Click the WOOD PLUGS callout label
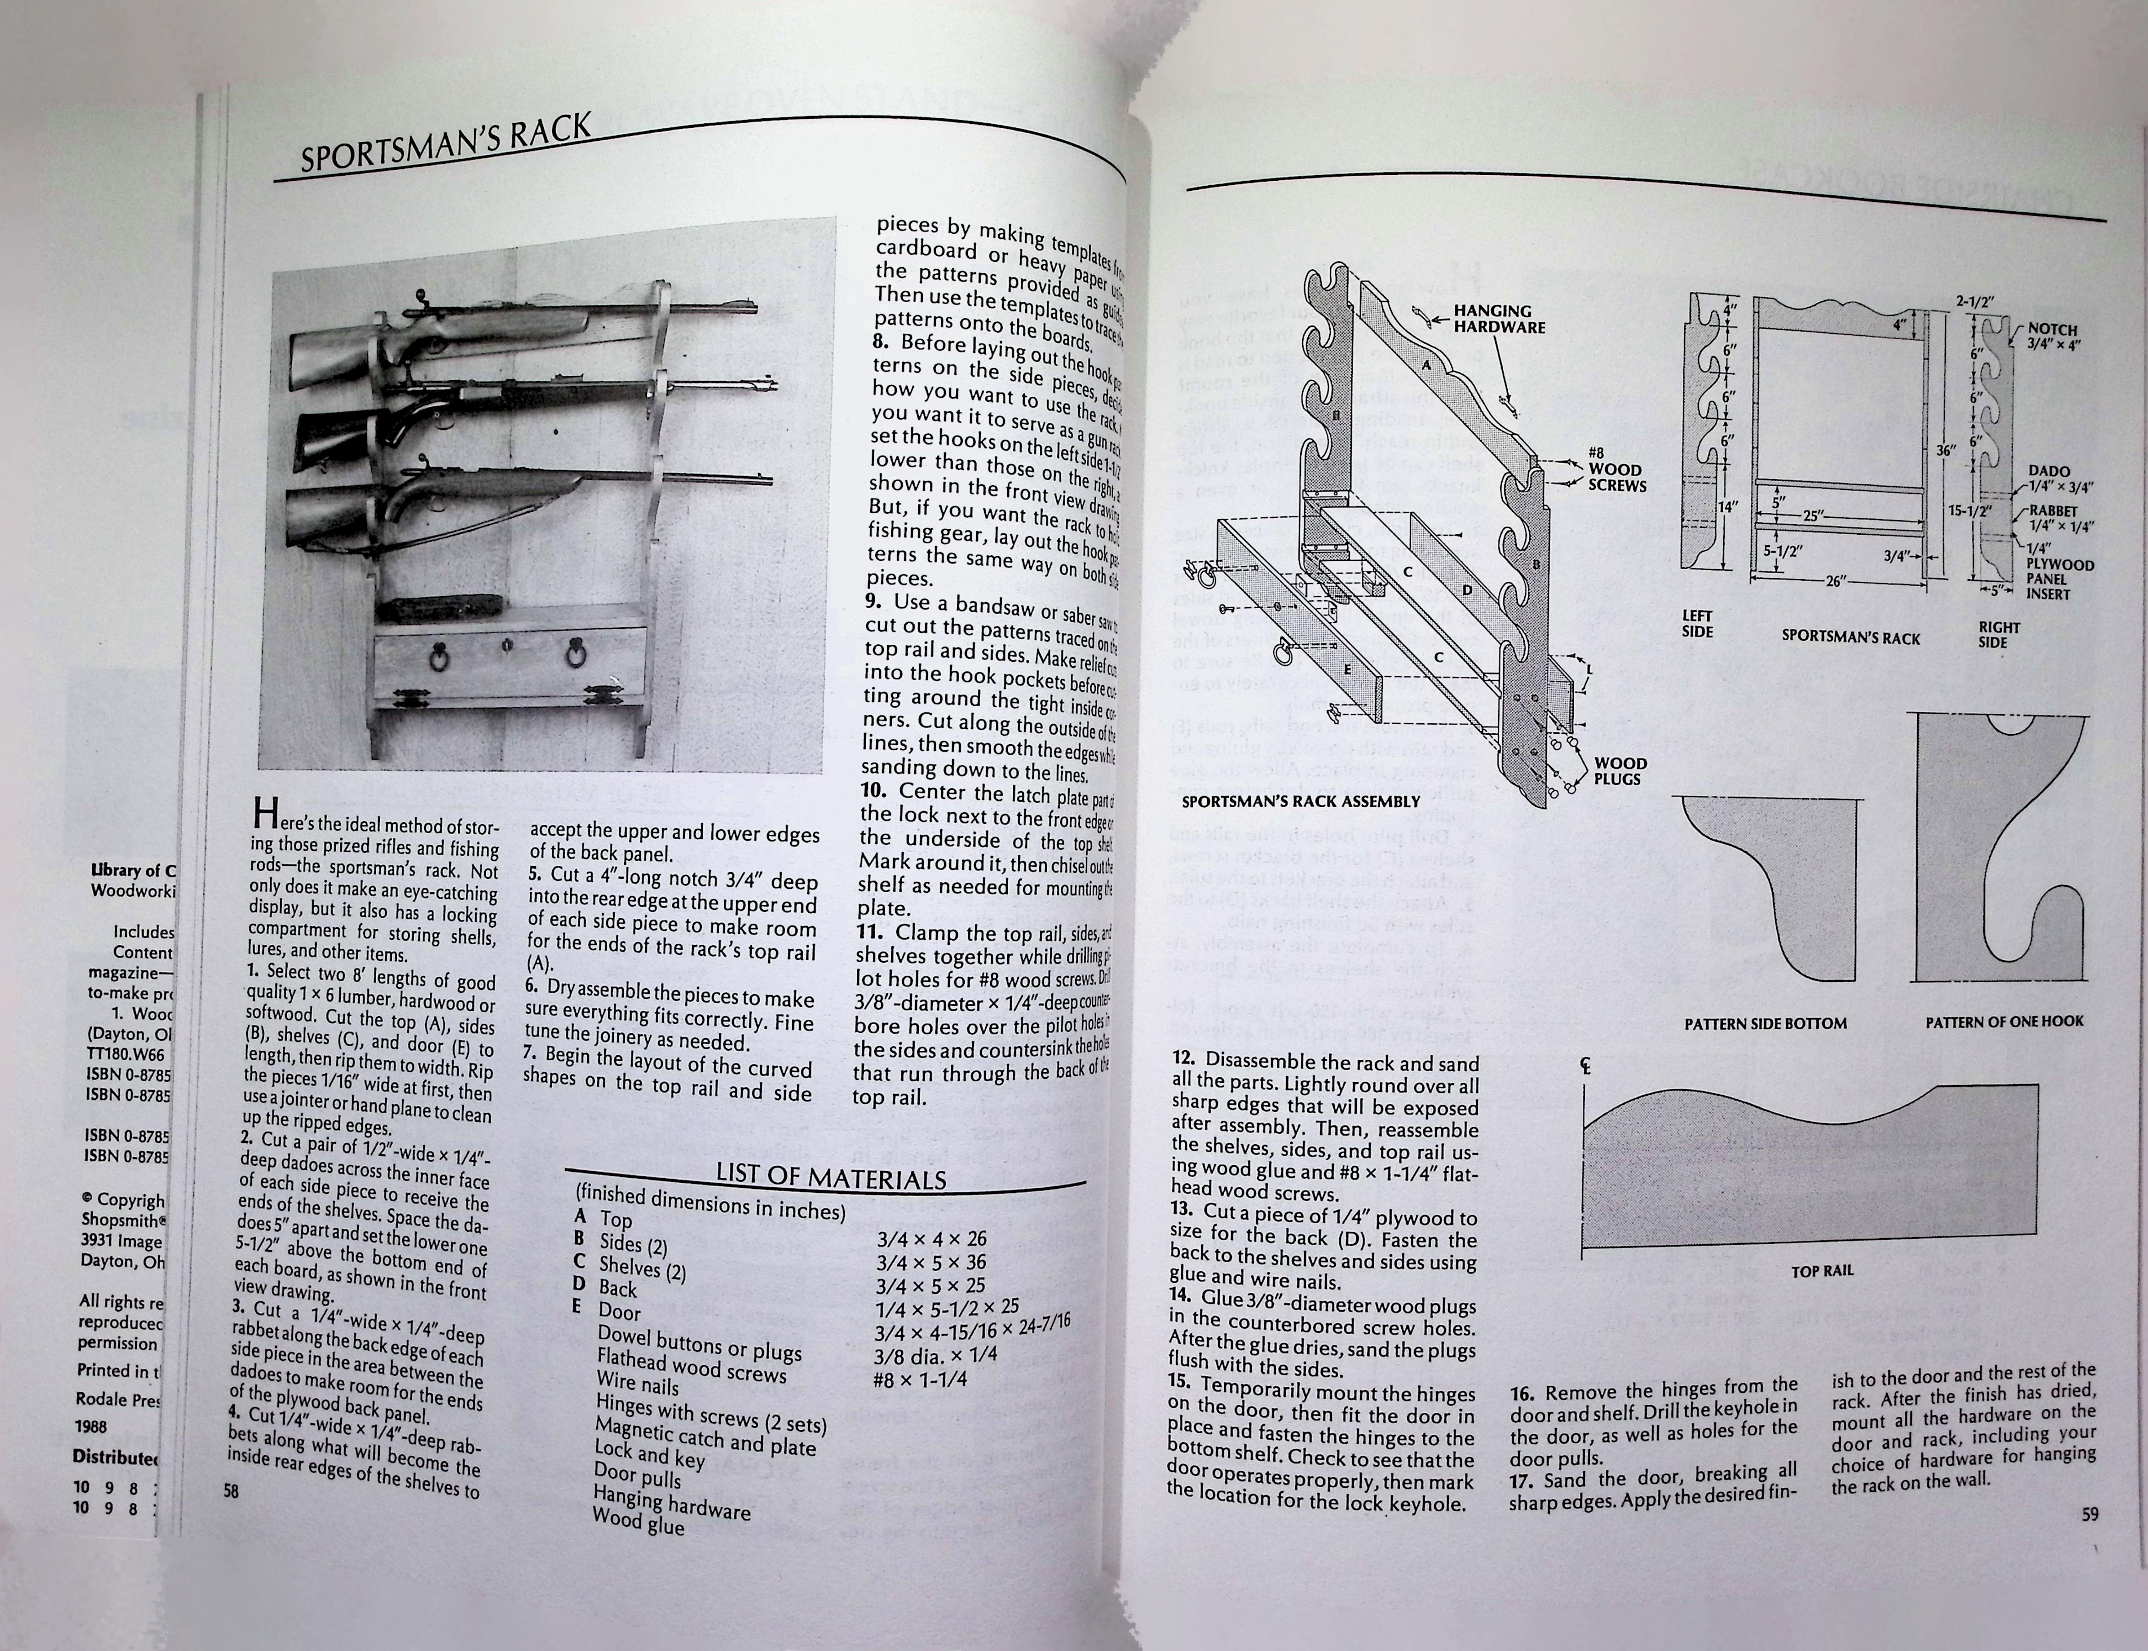coord(1619,770)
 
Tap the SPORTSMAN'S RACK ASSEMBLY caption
coord(1300,801)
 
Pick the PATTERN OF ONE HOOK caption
coord(2004,1021)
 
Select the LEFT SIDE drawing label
coord(1697,623)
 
